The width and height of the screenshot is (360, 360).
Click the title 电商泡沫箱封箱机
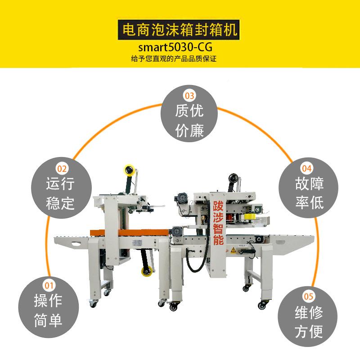point(180,31)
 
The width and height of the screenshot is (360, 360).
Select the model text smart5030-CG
point(180,47)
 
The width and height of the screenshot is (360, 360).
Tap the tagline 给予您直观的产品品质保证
point(180,59)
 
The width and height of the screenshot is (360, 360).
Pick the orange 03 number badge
point(189,95)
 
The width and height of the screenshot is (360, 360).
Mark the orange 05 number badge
point(309,296)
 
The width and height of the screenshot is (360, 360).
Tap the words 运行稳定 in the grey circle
point(60,193)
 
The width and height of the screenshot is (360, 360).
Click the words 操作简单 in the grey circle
point(48,310)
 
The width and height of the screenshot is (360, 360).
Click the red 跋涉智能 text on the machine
point(218,224)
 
